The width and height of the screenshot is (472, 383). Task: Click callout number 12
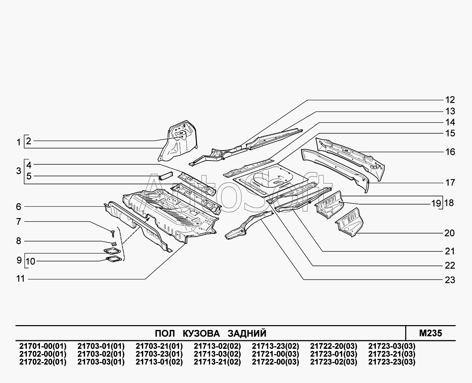tap(450, 100)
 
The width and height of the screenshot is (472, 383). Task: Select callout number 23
tap(450, 280)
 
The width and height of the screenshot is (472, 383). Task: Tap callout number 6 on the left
tap(19, 207)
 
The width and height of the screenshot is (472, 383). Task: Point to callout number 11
tap(20, 279)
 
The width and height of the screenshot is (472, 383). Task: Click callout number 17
tap(450, 183)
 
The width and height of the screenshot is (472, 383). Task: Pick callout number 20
tap(450, 233)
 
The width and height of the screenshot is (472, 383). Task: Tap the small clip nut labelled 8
tap(114, 244)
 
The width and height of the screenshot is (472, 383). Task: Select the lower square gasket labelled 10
tap(114, 259)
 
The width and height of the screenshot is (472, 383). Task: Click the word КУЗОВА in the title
tap(201, 333)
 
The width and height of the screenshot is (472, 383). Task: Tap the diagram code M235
tap(430, 333)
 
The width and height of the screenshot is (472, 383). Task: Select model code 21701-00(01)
tap(43, 346)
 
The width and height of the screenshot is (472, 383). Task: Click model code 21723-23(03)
tap(392, 362)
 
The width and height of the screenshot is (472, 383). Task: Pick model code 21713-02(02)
tap(217, 346)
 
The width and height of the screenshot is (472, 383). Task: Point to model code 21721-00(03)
tap(275, 354)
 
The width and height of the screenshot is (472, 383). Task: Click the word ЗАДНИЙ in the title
tap(247, 333)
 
